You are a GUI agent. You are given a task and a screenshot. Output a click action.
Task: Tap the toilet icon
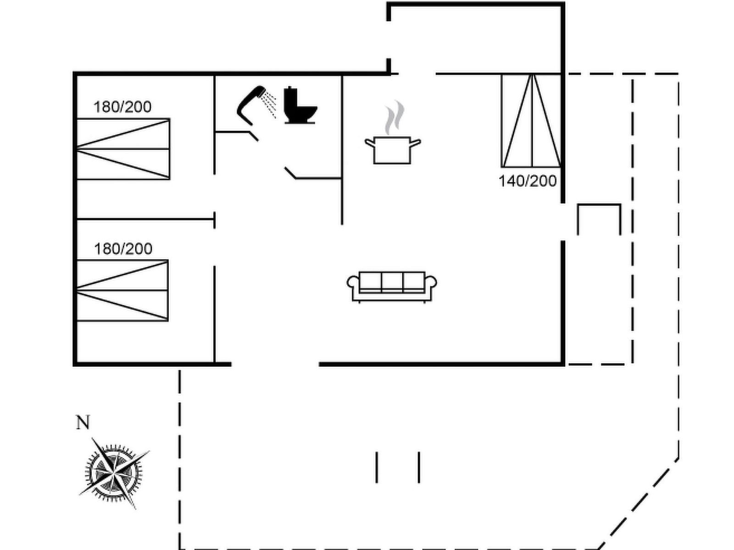pos(299,106)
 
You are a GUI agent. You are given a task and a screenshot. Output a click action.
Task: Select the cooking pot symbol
pos(392,149)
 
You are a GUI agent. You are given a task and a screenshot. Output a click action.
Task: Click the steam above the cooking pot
pos(395,117)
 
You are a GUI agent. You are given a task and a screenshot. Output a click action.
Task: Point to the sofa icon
pos(392,286)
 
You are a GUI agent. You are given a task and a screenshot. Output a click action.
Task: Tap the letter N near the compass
pos(83,423)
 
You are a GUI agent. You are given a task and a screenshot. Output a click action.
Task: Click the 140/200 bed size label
pos(528,181)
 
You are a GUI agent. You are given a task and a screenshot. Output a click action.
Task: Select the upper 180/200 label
pos(122,107)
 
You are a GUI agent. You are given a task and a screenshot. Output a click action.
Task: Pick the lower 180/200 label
pos(123,249)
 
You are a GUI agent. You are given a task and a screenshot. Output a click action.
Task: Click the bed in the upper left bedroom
pos(123,149)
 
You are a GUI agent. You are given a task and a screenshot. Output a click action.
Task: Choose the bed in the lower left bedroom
pos(122,291)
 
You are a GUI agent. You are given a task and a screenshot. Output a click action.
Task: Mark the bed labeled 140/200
pos(531,121)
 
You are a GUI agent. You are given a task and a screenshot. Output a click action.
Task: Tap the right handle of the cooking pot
pos(416,143)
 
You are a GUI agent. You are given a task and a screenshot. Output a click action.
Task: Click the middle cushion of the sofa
pos(392,281)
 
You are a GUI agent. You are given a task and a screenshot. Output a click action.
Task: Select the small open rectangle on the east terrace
pos(599,219)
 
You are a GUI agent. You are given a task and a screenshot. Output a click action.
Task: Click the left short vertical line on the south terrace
pos(377,467)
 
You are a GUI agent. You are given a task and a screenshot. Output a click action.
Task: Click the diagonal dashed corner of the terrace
pos(640,502)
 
